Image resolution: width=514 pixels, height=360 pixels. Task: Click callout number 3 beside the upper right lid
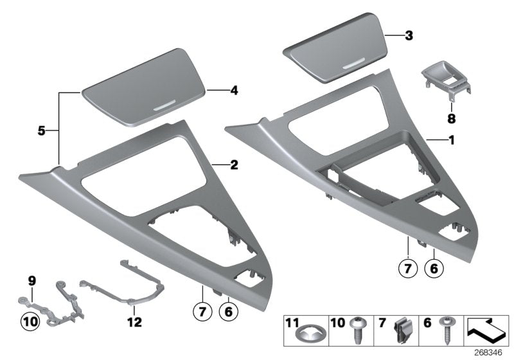click(409, 37)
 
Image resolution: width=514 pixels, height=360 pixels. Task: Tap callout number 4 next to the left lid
click(235, 91)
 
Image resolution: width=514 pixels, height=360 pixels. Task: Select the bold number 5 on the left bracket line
click(40, 130)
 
